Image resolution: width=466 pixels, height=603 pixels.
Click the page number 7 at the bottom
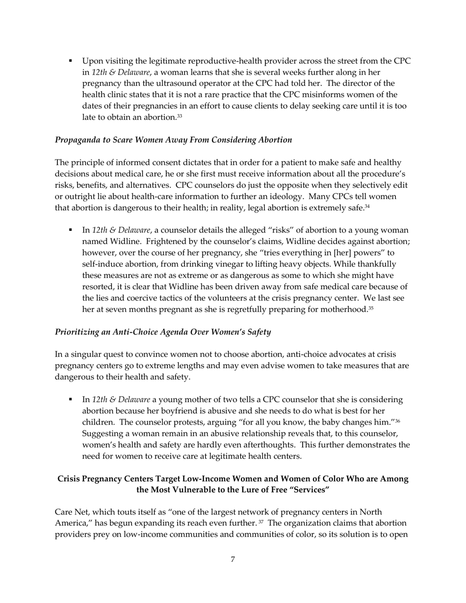pos(233,559)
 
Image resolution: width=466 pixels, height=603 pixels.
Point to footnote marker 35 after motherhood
pos(371,308)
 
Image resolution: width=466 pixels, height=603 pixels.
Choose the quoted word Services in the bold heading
pos(309,490)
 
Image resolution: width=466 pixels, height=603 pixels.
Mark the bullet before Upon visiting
pos(71,61)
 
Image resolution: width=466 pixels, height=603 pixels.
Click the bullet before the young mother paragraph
pos(71,400)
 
